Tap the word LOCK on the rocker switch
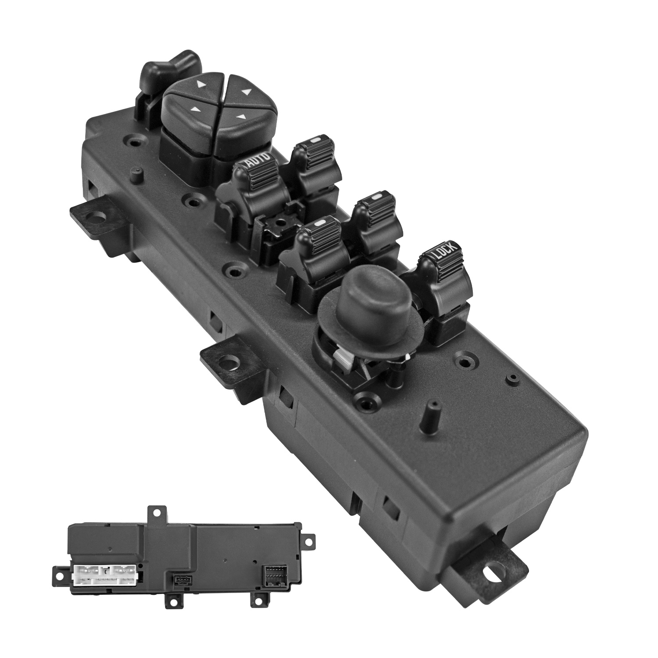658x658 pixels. coord(446,251)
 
